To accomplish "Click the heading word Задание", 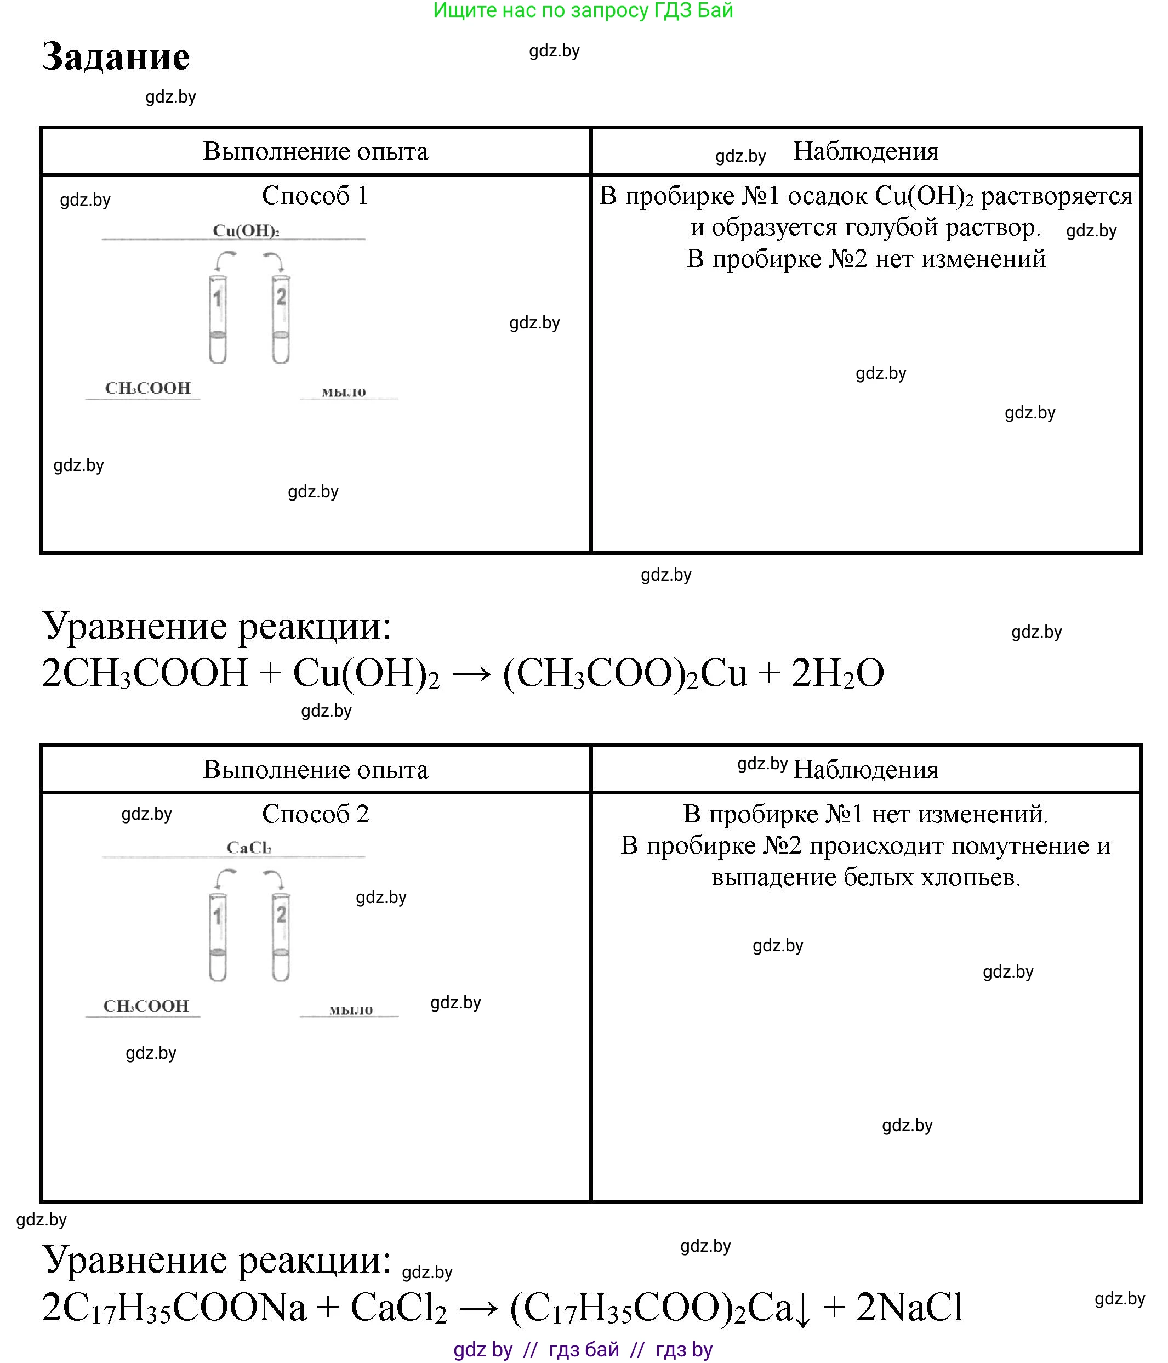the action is click(x=116, y=56).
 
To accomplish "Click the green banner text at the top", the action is click(x=583, y=10).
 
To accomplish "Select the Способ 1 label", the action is click(x=315, y=195).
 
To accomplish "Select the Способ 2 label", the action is click(x=315, y=814).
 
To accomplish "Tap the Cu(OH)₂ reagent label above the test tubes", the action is click(x=246, y=231).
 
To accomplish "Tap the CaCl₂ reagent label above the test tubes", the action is click(x=249, y=848).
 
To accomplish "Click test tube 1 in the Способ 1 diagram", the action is click(x=218, y=319).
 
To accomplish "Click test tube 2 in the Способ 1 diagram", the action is click(x=281, y=319).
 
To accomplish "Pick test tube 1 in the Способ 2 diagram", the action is click(x=218, y=937).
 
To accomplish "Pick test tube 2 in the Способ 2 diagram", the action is click(x=281, y=937).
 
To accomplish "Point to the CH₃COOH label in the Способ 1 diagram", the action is click(x=148, y=388).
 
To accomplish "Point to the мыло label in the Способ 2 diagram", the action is click(x=351, y=1010).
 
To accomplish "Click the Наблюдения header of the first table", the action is click(x=865, y=151).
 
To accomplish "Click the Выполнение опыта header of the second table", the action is click(x=315, y=770).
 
